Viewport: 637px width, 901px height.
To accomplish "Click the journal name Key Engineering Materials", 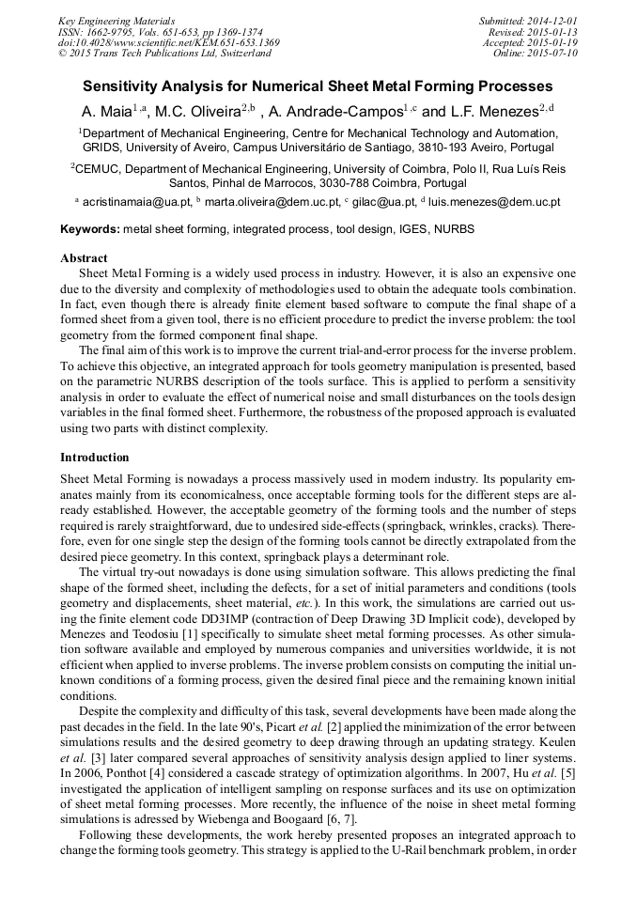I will coord(117,21).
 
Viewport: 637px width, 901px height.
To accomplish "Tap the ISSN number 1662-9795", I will coord(114,32).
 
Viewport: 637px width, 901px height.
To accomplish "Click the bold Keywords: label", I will coord(90,229).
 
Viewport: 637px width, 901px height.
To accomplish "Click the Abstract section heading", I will coord(84,257).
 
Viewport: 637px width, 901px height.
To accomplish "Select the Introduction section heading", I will coord(95,458).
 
